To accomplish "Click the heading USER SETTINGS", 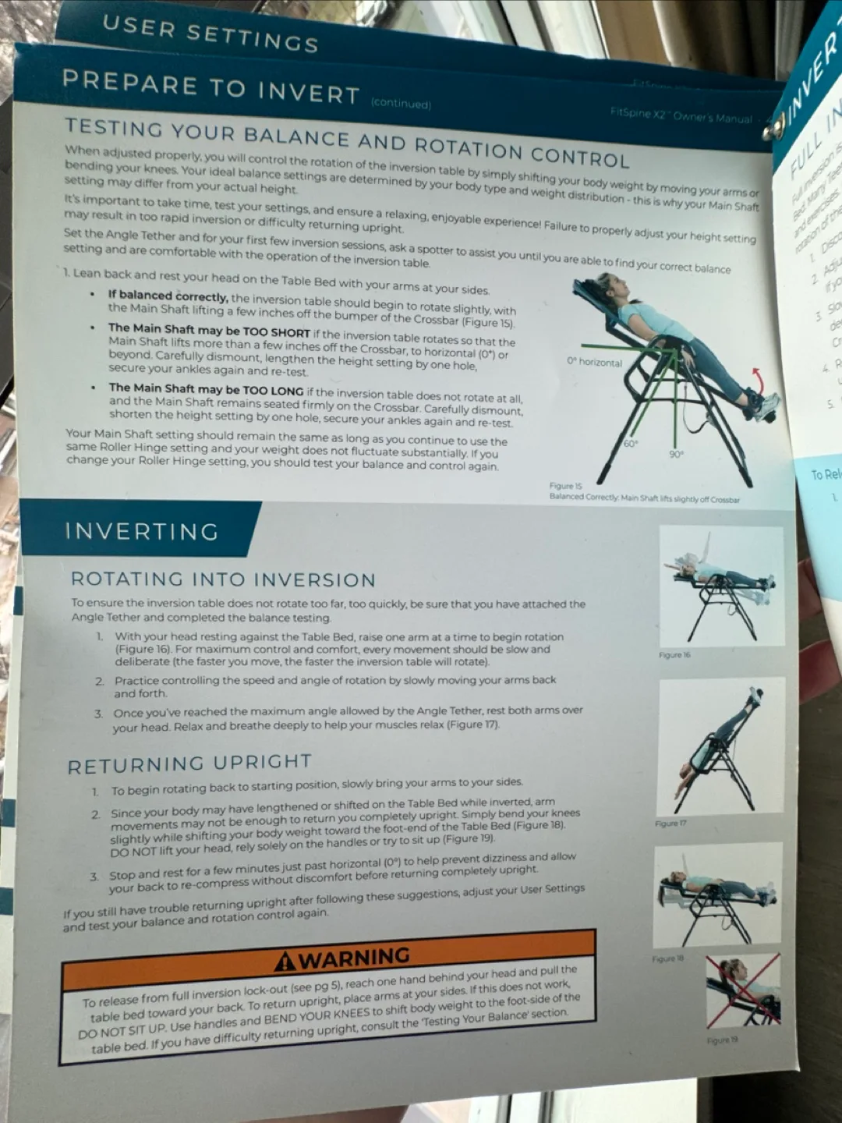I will point(210,34).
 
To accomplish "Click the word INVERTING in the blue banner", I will point(141,532).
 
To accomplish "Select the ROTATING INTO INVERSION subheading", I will point(223,579).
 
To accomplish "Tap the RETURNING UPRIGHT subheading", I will point(189,764).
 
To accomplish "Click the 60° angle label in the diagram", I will point(630,444).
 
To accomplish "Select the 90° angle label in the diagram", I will point(676,454).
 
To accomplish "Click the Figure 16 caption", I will point(674,655).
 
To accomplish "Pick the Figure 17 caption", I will point(670,824).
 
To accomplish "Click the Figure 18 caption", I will point(667,958).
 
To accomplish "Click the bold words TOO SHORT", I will point(266,332).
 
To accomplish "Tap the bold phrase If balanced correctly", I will point(168,296).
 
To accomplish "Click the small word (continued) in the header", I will point(401,104).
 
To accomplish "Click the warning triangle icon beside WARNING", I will point(285,962).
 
